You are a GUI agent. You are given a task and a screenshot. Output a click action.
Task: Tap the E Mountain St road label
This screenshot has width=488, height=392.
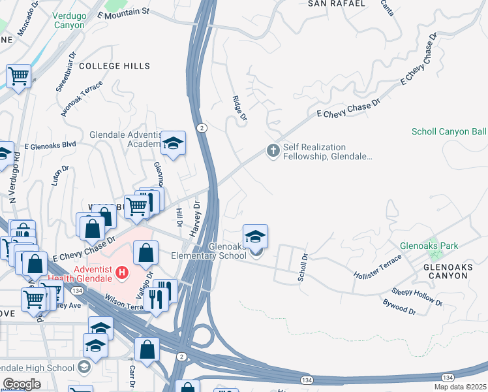tap(123, 12)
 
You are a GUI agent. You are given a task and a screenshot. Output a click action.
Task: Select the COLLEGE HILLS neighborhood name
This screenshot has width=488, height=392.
tap(114, 66)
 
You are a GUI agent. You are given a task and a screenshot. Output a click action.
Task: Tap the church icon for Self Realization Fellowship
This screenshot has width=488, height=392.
tap(273, 151)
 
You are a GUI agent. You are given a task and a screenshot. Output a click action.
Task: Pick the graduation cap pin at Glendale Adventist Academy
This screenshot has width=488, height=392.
tap(173, 143)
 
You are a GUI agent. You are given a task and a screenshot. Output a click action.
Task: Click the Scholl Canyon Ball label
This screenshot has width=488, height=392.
tap(449, 131)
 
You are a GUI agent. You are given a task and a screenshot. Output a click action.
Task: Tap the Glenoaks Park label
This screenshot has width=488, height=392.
tap(429, 246)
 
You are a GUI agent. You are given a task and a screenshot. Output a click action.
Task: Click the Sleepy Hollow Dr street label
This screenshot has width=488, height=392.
tap(418, 297)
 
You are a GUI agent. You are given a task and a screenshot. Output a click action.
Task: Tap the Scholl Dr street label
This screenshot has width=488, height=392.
tap(301, 268)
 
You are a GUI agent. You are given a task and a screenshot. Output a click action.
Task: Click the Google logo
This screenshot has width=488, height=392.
tap(22, 384)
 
